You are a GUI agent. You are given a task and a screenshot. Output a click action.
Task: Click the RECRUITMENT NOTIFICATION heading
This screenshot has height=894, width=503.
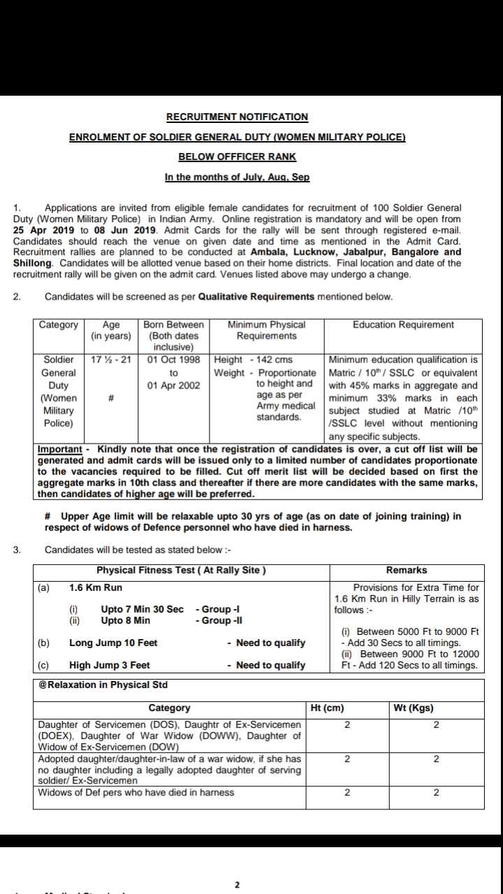[x=237, y=117]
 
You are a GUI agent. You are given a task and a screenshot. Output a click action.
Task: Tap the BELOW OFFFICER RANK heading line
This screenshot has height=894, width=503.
[x=237, y=157]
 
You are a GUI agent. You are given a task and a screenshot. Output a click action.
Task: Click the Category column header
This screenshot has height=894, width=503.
[x=59, y=325]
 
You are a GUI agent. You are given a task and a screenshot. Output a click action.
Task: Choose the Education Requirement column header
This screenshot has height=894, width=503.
[x=403, y=325]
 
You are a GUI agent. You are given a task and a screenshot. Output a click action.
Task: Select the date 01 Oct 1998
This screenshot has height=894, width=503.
[x=173, y=360]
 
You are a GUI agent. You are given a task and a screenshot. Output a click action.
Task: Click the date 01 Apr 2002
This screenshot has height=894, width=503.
[x=173, y=386]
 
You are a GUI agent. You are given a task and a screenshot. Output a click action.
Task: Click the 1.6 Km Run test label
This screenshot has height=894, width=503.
[x=96, y=588]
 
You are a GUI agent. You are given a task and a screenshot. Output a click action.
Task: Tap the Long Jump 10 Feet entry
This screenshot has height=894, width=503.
[x=113, y=643]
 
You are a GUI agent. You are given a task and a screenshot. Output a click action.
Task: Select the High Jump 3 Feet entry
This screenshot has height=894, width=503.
[x=110, y=665]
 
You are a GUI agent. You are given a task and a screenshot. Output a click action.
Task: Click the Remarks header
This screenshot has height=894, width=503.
[x=407, y=570]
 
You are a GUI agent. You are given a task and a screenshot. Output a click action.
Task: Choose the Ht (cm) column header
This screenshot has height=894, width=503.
[x=327, y=708]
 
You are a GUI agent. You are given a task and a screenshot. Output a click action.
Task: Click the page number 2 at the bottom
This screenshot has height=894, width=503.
[x=237, y=884]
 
